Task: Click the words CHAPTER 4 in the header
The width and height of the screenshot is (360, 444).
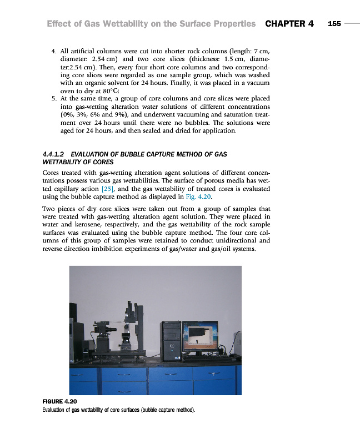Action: click(289, 24)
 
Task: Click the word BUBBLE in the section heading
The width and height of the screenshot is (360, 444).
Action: click(141, 154)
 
